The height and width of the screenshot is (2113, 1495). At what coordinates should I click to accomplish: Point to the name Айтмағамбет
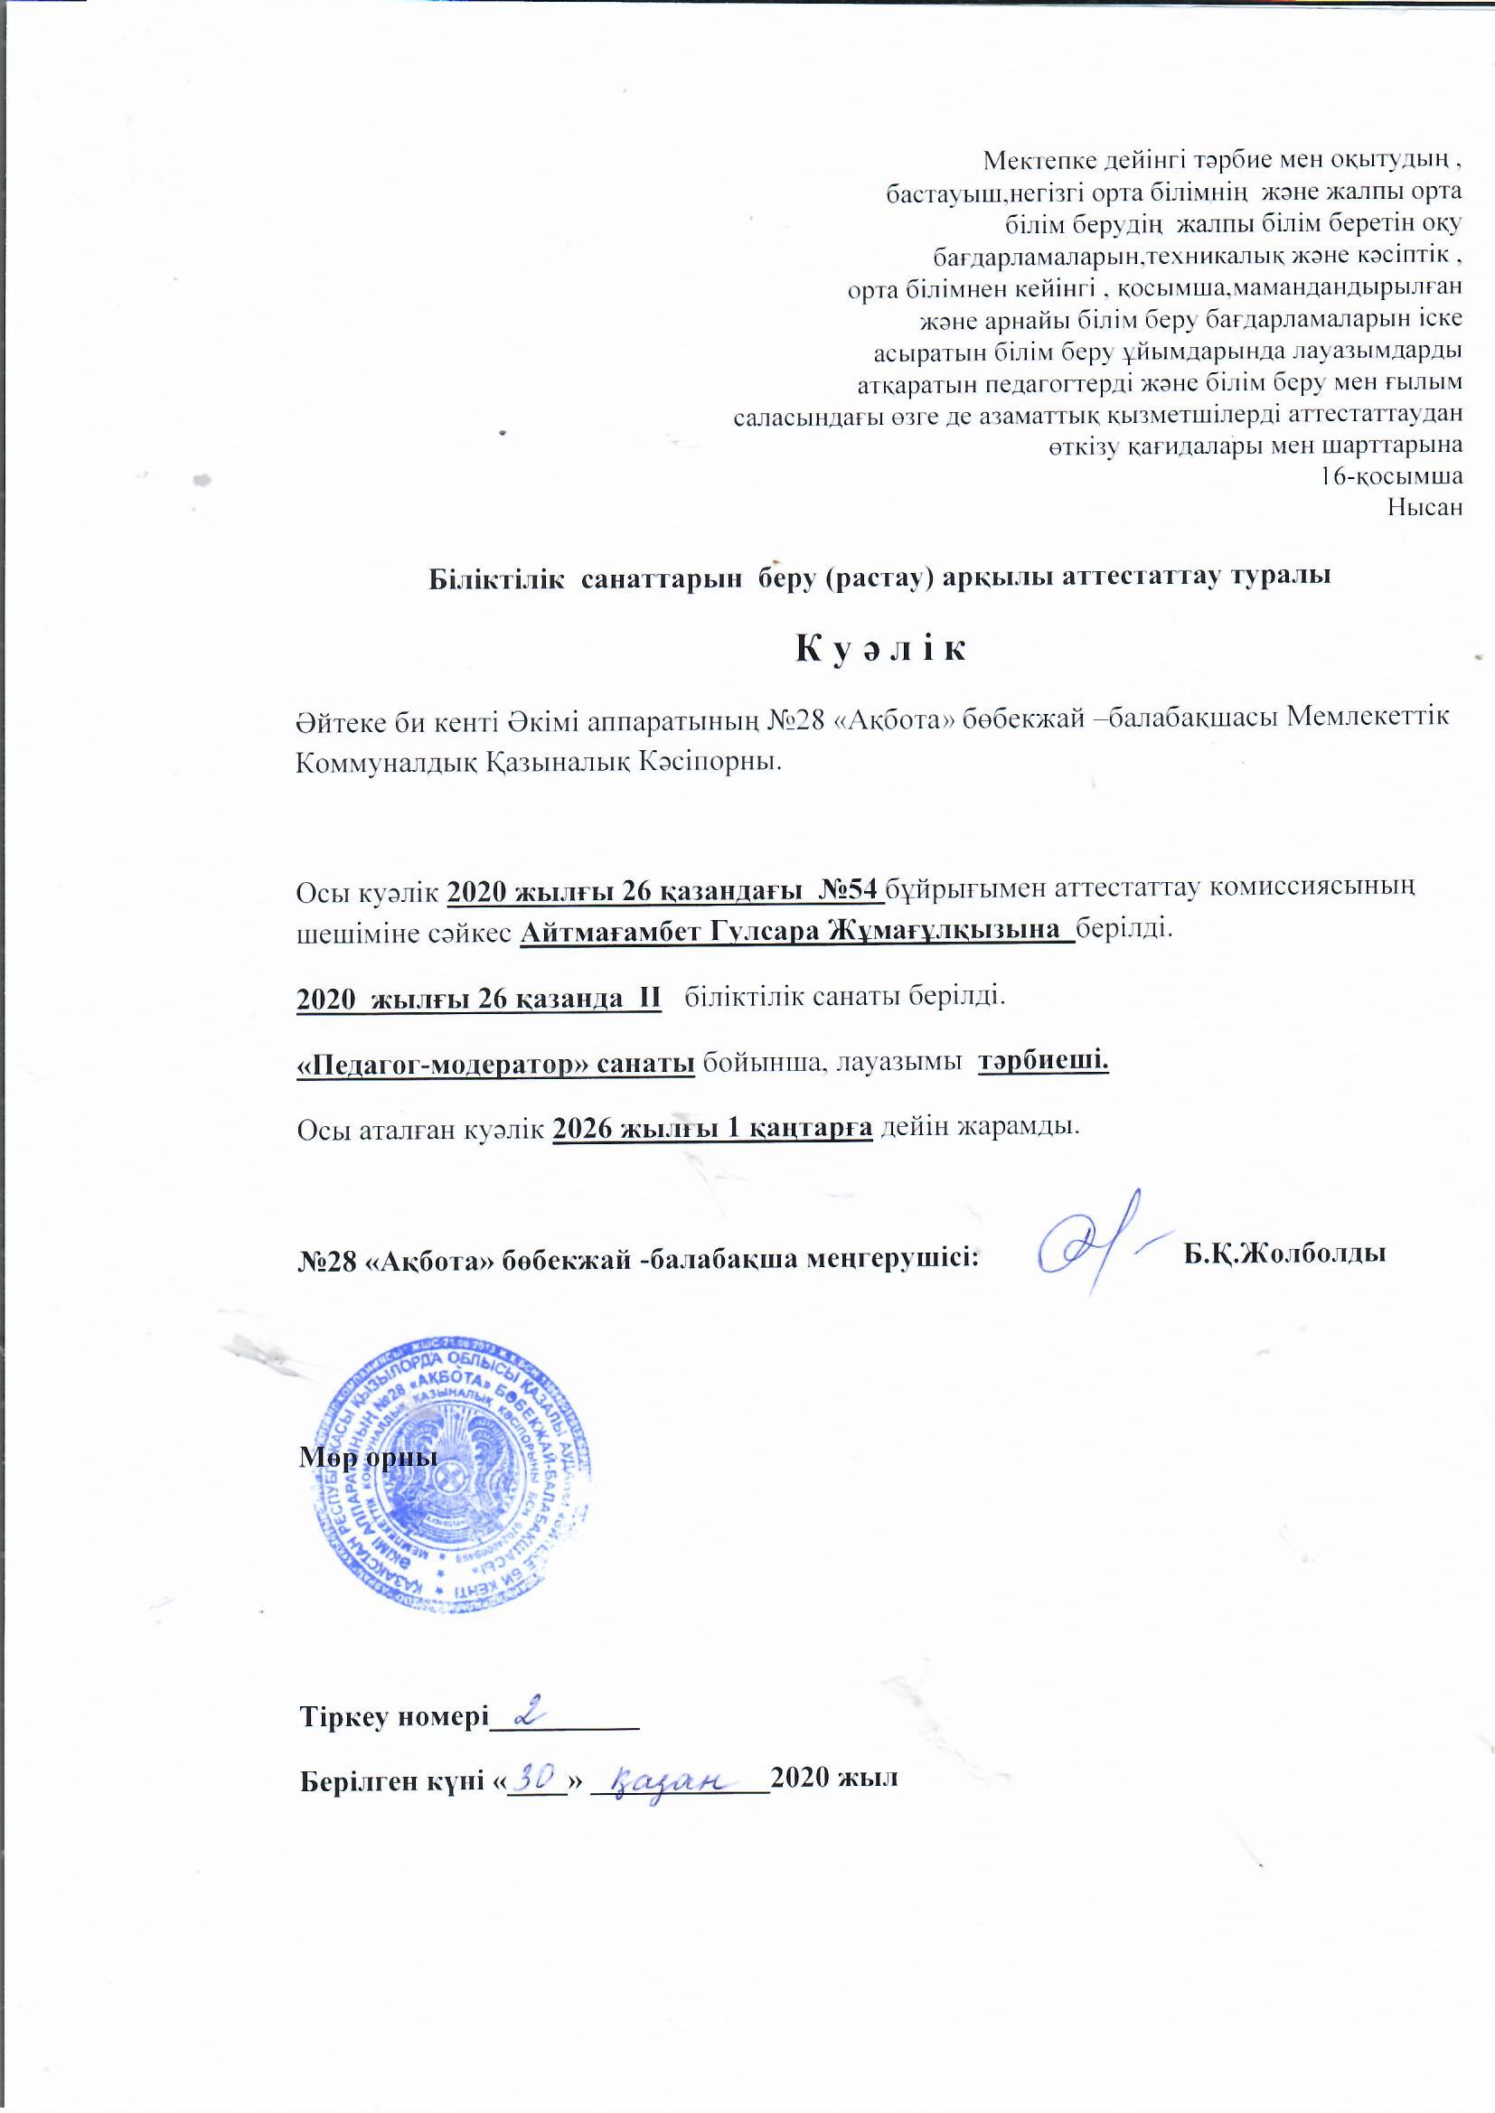coord(613,930)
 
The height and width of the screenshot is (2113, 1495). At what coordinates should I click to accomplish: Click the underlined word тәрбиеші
coord(1043,1061)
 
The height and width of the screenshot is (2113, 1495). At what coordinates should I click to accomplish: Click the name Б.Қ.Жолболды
coord(1285,1254)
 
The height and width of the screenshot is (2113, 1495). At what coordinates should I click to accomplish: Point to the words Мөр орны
coord(367,1460)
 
